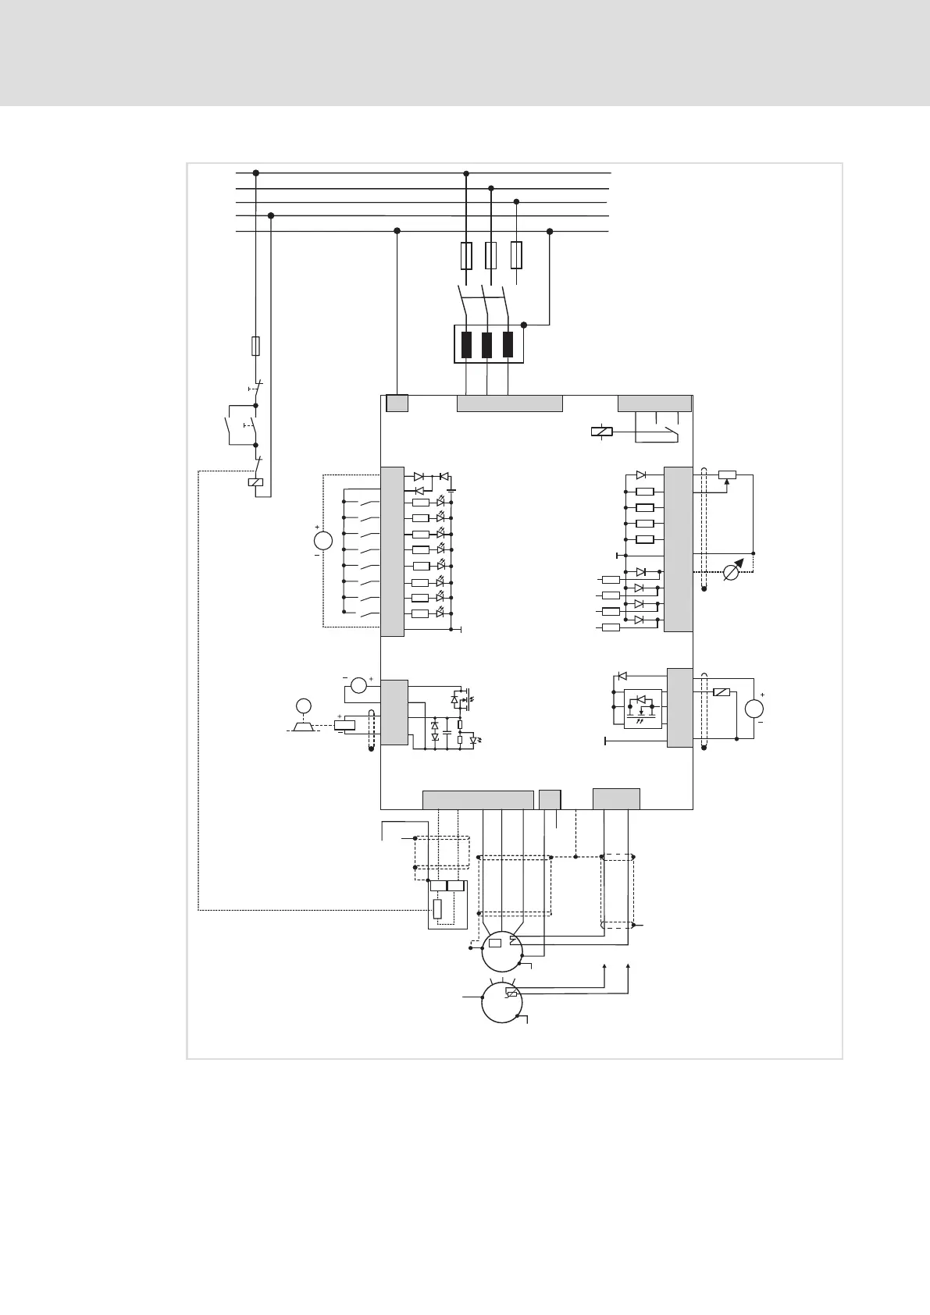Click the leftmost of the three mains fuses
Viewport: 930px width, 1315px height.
tap(466, 255)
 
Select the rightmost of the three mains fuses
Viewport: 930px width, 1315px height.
tap(516, 255)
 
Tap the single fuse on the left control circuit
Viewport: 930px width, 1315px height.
tap(255, 346)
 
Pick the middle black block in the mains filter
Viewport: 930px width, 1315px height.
tap(487, 344)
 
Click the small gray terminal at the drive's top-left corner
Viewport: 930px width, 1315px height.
tap(397, 403)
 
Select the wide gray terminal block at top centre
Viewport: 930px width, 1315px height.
tap(509, 403)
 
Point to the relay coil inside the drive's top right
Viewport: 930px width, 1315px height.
tap(602, 432)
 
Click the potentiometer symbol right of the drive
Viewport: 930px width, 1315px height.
tap(727, 474)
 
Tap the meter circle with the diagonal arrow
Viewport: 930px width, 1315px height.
tap(732, 572)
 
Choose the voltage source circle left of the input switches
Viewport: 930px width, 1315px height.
tap(322, 540)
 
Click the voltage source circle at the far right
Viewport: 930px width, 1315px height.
tap(754, 709)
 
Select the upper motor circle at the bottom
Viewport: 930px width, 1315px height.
tap(502, 951)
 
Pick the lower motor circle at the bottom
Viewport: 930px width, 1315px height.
tap(502, 1002)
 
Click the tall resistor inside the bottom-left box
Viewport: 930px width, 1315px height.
tap(437, 909)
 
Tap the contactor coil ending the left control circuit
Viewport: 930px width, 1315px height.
tap(255, 482)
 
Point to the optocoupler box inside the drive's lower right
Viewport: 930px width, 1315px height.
tap(643, 709)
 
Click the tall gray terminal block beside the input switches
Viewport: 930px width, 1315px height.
tap(392, 551)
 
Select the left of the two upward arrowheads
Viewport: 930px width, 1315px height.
tap(605, 968)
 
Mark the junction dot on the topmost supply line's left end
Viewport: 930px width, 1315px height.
tap(255, 173)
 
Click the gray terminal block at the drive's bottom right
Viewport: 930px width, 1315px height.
tap(616, 799)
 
